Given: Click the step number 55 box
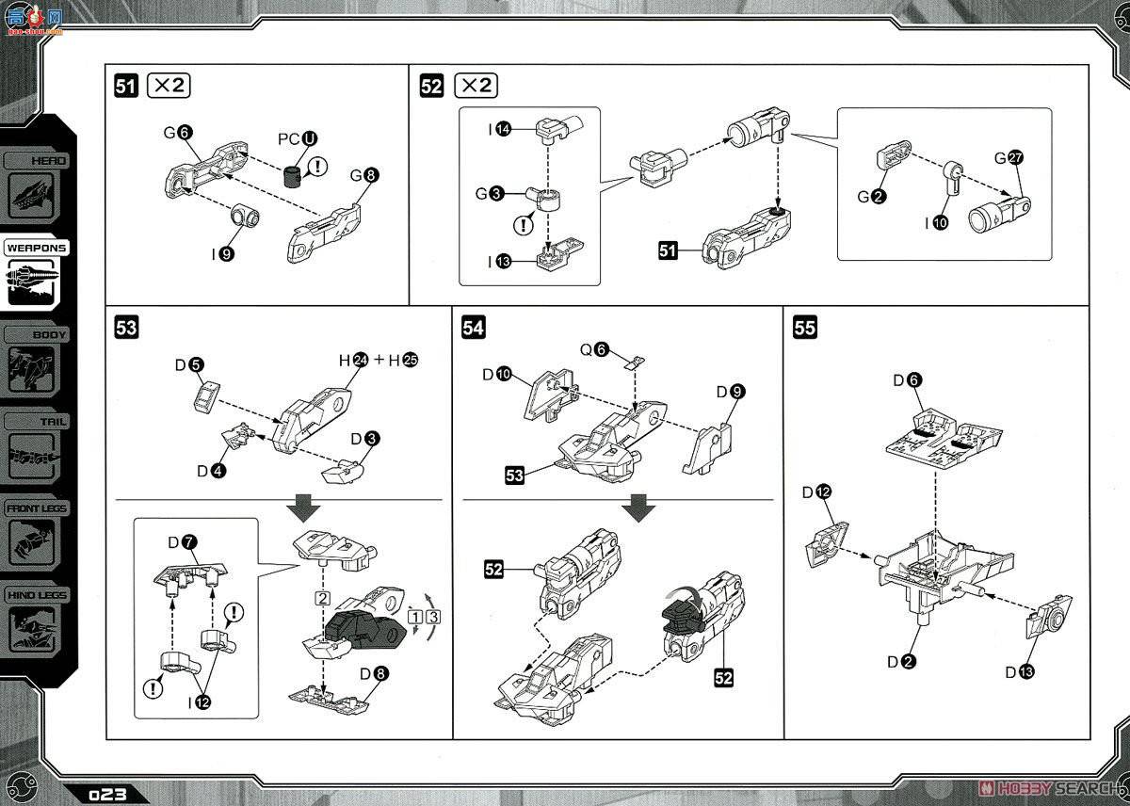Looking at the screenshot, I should click(x=805, y=328).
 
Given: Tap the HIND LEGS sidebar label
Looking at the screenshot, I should click(x=37, y=595).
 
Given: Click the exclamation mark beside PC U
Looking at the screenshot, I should click(x=320, y=167).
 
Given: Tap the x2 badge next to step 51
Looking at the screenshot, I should click(x=170, y=86).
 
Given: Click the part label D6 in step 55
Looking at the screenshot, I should click(x=909, y=379).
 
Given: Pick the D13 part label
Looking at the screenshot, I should click(x=1018, y=671).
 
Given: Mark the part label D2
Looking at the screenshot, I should click(x=901, y=661).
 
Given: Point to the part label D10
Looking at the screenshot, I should click(x=496, y=375).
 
